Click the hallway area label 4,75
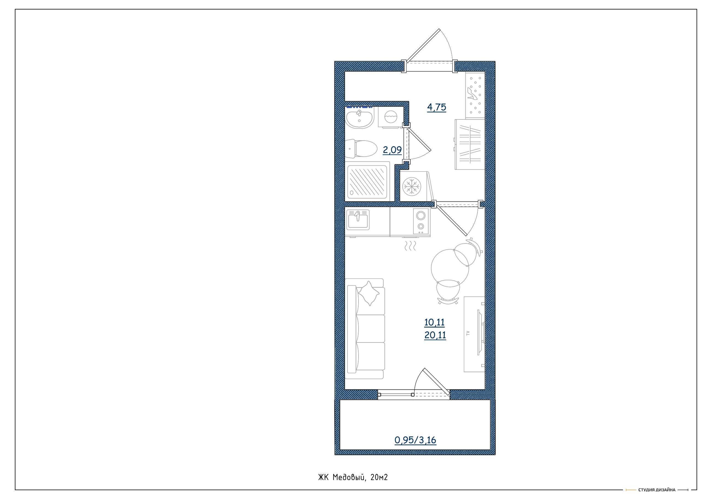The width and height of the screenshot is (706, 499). click(436, 107)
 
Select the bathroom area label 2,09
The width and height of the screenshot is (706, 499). click(392, 150)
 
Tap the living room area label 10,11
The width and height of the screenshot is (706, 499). click(434, 322)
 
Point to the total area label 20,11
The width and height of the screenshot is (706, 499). click(435, 335)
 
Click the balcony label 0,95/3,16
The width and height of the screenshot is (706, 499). click(415, 440)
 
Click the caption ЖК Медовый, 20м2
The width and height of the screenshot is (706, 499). click(353, 477)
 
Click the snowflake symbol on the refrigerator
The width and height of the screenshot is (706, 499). click(412, 186)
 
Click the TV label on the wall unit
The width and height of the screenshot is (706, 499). click(468, 333)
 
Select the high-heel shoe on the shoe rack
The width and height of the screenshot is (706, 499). click(472, 93)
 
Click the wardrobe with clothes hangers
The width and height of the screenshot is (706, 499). click(470, 144)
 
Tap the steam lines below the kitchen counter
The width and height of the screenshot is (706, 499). click(410, 246)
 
